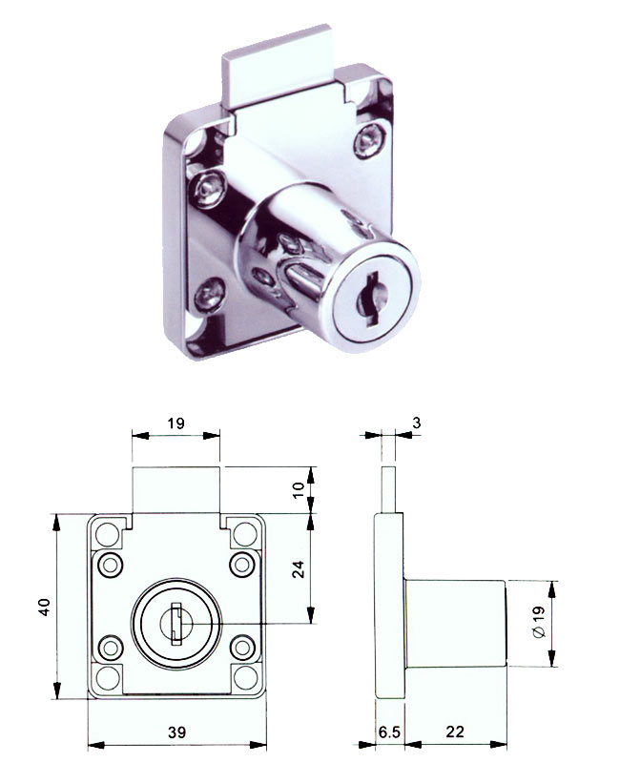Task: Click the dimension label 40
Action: [45, 607]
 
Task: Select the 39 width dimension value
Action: [176, 732]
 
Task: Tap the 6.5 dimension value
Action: [389, 732]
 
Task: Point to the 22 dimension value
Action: [455, 732]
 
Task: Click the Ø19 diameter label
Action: [539, 623]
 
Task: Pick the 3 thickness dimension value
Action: [417, 423]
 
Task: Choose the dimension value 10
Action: [298, 489]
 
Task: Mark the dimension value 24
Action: [298, 568]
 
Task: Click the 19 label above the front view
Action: [176, 423]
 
